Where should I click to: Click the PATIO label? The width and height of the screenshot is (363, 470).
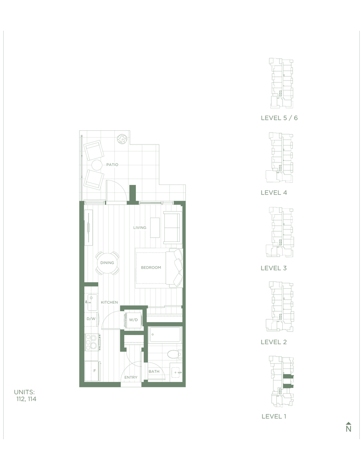click(112, 165)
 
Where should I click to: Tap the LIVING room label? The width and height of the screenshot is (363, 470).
click(140, 228)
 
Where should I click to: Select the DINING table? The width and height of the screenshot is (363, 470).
click(107, 263)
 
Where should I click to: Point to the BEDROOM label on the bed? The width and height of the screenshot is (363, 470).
click(151, 268)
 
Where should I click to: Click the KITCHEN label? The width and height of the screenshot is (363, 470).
click(109, 302)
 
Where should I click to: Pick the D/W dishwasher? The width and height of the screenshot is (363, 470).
click(91, 319)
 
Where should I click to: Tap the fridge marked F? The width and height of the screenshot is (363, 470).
click(92, 371)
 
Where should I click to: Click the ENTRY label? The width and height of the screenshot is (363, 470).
click(131, 377)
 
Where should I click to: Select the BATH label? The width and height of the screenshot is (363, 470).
click(154, 371)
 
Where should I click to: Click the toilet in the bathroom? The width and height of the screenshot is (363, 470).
click(175, 354)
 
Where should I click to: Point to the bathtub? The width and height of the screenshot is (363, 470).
click(165, 334)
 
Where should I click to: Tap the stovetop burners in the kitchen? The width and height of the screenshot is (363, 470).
click(92, 342)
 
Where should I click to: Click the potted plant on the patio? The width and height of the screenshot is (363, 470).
click(122, 139)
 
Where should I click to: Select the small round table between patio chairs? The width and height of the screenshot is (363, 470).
click(97, 165)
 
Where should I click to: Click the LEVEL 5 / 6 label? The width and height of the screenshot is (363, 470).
click(279, 118)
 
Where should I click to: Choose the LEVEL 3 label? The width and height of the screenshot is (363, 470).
click(274, 268)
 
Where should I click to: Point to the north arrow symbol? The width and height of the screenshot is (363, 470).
click(348, 427)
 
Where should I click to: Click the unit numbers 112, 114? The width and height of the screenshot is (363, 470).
click(26, 399)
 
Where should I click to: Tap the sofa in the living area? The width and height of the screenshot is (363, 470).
click(173, 228)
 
